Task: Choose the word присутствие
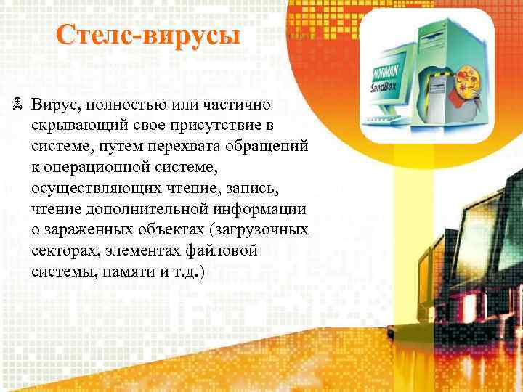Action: click(x=222, y=127)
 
